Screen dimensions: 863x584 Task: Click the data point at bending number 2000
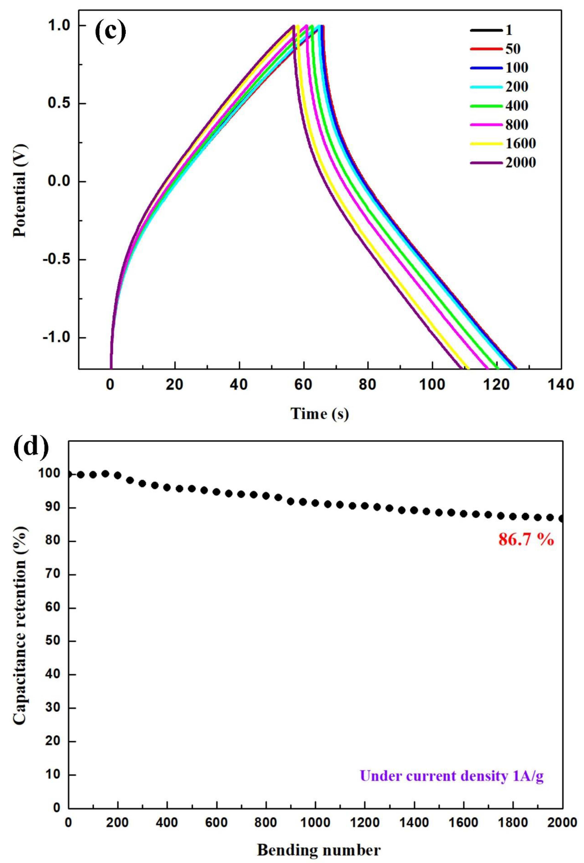(562, 519)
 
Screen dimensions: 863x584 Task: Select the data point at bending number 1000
(315, 503)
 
